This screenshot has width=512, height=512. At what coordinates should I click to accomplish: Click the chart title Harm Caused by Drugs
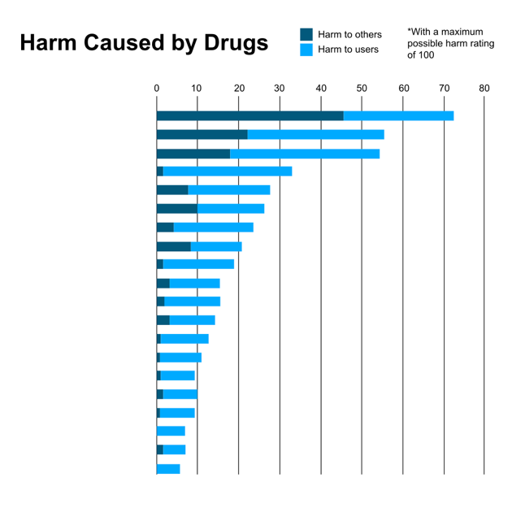click(x=144, y=44)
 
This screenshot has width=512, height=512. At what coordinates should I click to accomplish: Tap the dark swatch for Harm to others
click(x=306, y=34)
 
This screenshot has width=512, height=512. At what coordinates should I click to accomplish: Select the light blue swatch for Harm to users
click(x=306, y=50)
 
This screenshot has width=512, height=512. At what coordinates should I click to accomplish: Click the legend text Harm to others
click(x=349, y=34)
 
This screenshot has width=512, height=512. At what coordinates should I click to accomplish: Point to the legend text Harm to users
click(x=348, y=50)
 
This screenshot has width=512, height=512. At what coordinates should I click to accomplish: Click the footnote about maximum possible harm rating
click(x=446, y=43)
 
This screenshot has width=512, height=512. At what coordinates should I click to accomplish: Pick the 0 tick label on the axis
click(x=157, y=88)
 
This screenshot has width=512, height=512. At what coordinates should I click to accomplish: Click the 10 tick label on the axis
click(x=197, y=88)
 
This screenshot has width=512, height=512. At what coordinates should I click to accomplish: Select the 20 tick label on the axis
click(x=238, y=88)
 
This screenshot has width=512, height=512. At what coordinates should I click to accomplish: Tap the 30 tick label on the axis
click(x=280, y=88)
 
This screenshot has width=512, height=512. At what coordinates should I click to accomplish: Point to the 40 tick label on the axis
click(x=321, y=88)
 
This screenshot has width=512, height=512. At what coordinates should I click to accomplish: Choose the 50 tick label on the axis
click(x=362, y=88)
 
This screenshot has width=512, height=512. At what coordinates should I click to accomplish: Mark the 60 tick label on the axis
click(x=403, y=88)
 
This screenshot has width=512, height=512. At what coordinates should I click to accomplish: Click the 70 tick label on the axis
click(x=444, y=88)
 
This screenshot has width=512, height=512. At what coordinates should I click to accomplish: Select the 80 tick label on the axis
click(x=484, y=88)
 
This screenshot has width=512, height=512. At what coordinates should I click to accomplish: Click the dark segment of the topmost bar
click(x=249, y=115)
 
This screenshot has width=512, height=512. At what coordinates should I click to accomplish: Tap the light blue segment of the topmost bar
click(x=398, y=115)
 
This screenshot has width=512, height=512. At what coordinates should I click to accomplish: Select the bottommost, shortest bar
click(x=168, y=469)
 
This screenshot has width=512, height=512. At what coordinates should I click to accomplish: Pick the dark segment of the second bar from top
click(x=202, y=134)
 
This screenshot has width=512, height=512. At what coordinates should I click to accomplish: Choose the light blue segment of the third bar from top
click(x=305, y=154)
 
